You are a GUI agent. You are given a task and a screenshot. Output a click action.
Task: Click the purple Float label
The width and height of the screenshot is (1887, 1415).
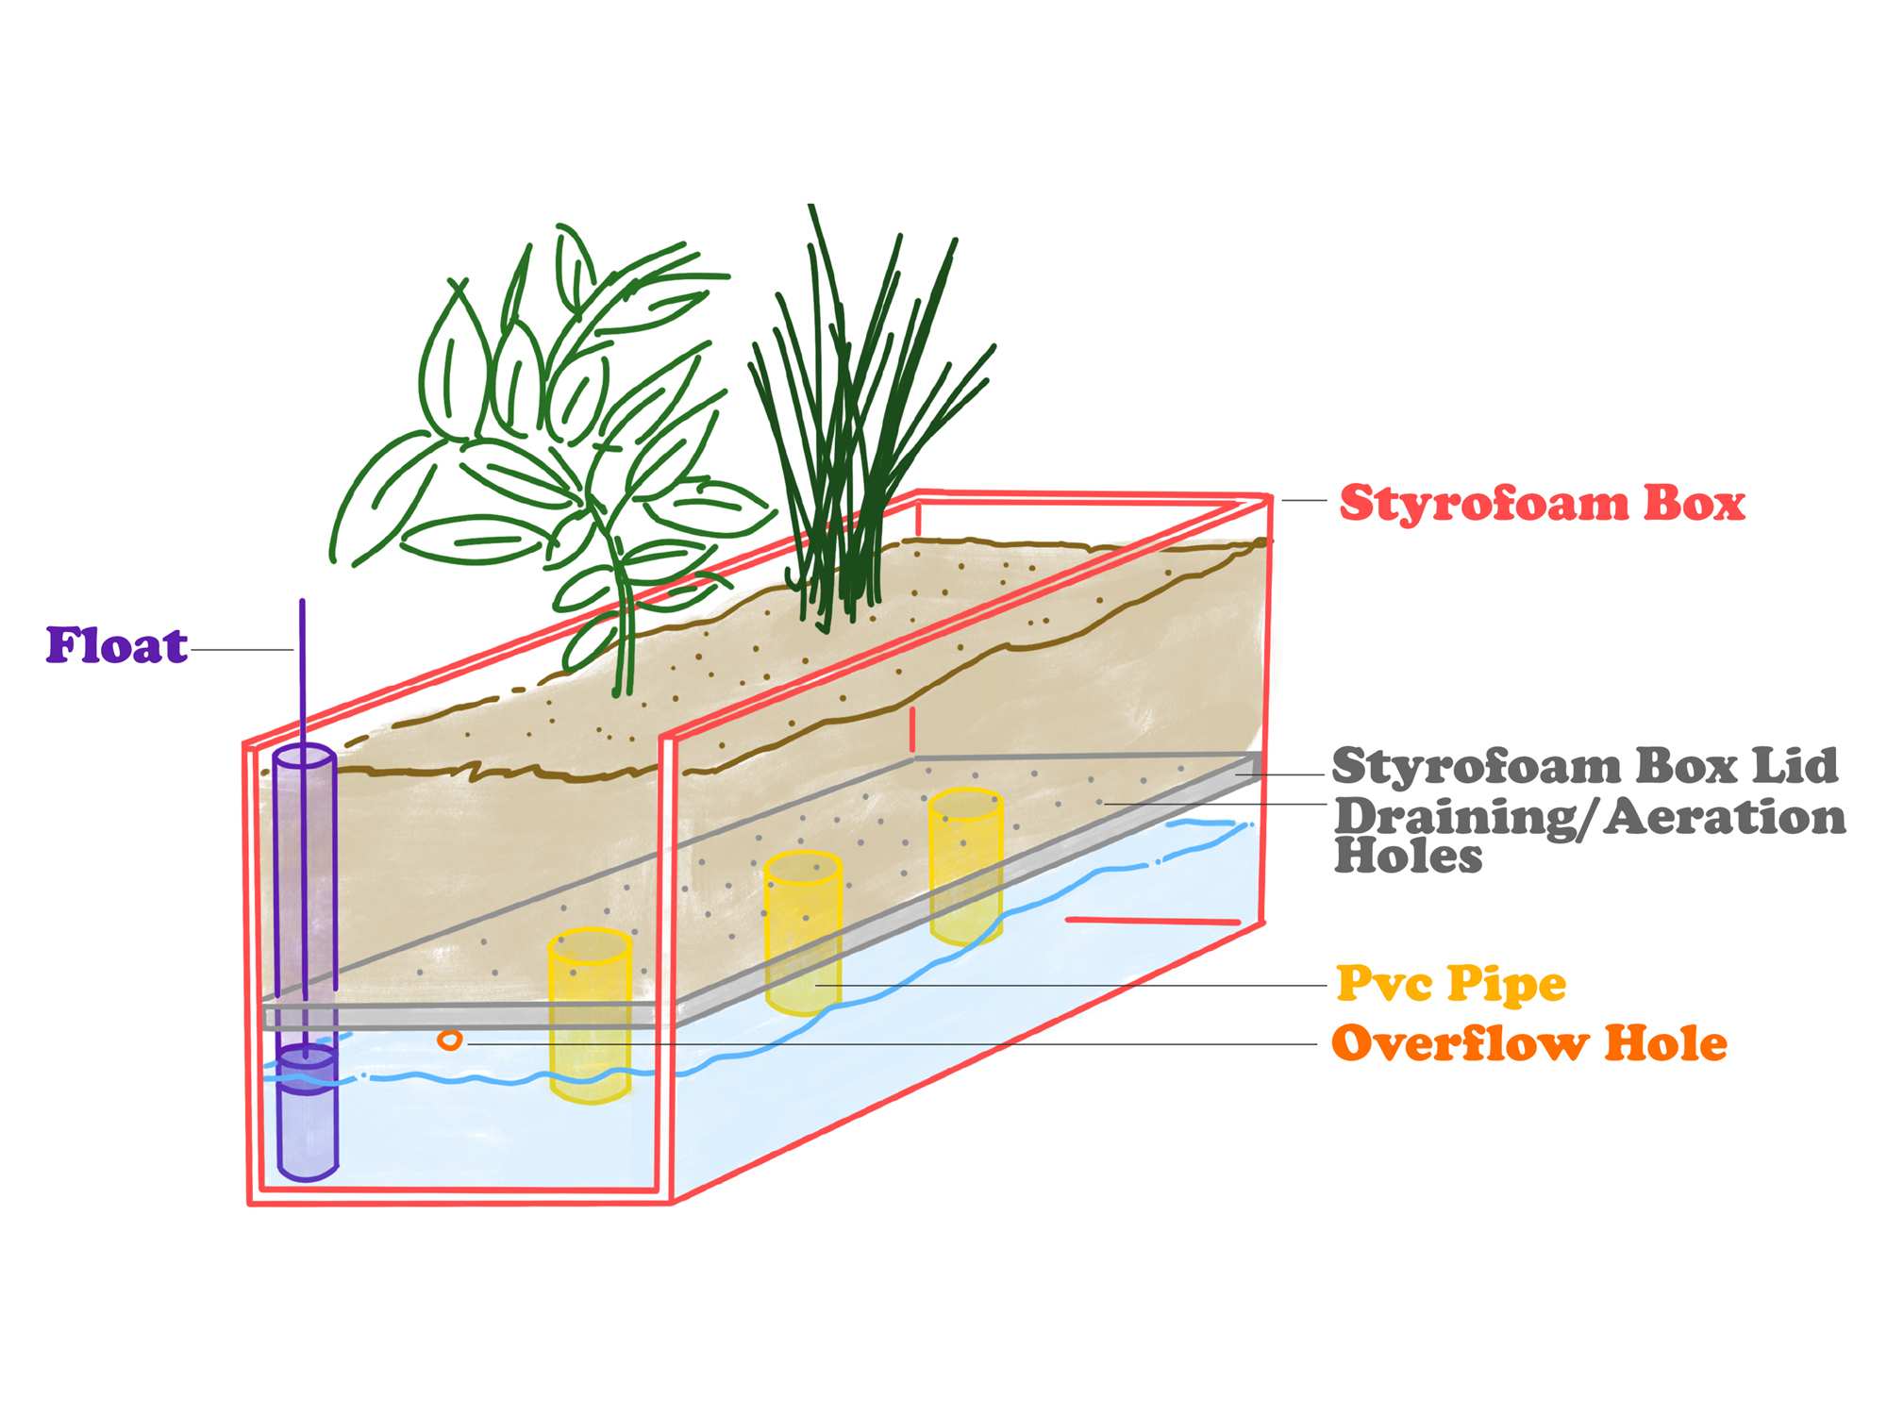117,646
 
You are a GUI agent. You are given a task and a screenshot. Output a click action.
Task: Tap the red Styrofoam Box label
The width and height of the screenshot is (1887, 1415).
1542,503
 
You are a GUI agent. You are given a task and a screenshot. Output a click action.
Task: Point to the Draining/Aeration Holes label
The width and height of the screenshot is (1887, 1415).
1589,834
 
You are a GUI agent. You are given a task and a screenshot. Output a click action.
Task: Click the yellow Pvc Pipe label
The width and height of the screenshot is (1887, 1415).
1451,984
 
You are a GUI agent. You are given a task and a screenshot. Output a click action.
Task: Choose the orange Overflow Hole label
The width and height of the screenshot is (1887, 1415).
1528,1043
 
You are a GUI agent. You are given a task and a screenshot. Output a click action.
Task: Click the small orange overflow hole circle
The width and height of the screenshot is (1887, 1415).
450,1040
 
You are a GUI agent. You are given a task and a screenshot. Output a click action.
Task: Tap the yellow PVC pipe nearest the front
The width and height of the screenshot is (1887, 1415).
590,1014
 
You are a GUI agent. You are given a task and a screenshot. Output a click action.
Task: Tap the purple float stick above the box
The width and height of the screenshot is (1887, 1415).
303,660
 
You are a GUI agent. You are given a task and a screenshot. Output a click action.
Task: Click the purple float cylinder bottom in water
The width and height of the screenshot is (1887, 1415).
307,1132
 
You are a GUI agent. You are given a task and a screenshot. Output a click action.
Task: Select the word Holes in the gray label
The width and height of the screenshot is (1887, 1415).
1408,856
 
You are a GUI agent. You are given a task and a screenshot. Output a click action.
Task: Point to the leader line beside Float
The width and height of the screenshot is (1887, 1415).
242,650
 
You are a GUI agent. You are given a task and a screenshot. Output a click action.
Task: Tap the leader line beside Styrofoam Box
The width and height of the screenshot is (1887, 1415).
1304,500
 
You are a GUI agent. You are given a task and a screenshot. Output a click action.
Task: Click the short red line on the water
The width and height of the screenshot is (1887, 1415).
1152,920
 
